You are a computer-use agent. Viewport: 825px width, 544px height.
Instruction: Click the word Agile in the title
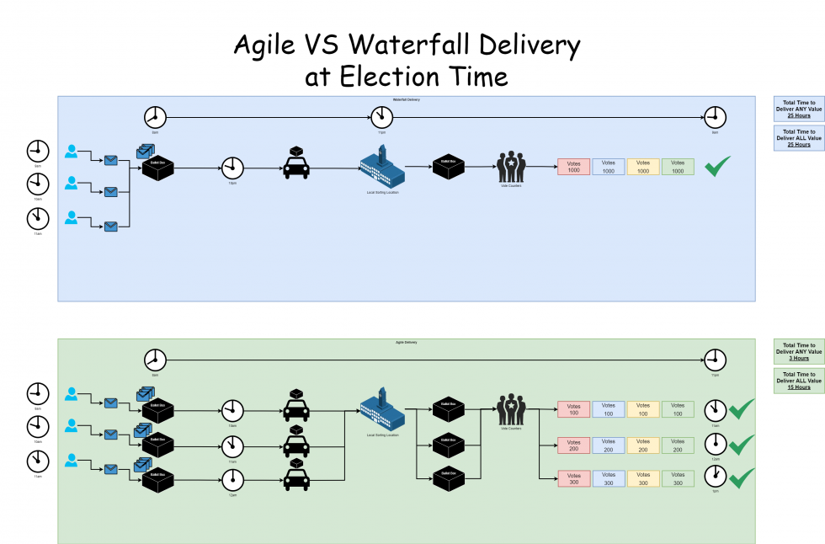[x=265, y=45]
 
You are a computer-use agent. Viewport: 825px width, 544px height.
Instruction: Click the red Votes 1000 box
[x=574, y=167]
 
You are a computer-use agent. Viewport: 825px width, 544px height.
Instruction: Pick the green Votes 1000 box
[x=678, y=167]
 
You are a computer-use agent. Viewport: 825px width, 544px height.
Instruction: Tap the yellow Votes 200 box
[x=643, y=445]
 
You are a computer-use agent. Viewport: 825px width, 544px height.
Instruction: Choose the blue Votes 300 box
[x=609, y=478]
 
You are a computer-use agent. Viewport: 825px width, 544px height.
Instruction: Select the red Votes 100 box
[x=574, y=410]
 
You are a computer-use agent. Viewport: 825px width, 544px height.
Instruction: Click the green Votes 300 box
[x=678, y=478]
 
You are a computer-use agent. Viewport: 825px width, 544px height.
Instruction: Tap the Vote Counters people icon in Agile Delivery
[x=510, y=408]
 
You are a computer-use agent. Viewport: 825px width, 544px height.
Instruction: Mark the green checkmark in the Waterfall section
[x=717, y=166]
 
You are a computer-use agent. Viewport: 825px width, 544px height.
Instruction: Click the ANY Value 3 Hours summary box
[x=799, y=351]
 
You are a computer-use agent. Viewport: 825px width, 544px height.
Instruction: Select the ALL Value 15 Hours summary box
[x=799, y=381]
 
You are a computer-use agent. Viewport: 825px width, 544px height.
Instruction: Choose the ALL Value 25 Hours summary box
[x=799, y=138]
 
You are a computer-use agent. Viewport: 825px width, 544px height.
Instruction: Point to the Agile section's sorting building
[x=382, y=408]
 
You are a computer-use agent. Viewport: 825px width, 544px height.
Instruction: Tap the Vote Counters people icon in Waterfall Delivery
[x=510, y=166]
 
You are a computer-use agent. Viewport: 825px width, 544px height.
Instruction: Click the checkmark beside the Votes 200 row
[x=741, y=445]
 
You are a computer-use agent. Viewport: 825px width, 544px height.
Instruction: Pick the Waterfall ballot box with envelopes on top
[x=156, y=164]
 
